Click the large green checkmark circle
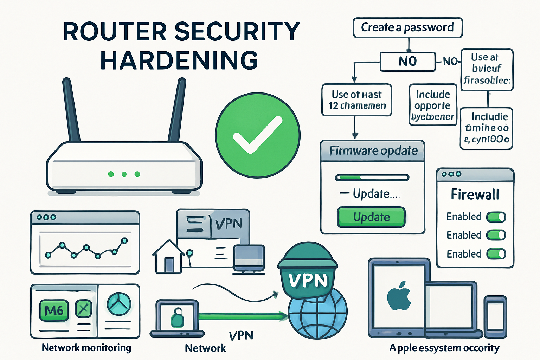[258, 135]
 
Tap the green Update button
[371, 217]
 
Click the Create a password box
[407, 27]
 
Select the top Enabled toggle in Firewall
[496, 217]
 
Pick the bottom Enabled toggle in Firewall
[496, 254]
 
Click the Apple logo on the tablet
[399, 296]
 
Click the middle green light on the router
[124, 174]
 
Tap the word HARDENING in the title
[179, 60]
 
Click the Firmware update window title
[373, 151]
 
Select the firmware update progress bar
[372, 178]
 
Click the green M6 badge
[54, 310]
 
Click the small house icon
[168, 257]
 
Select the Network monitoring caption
[86, 348]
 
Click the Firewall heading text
[475, 194]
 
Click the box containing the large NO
[407, 62]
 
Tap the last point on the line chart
[124, 240]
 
